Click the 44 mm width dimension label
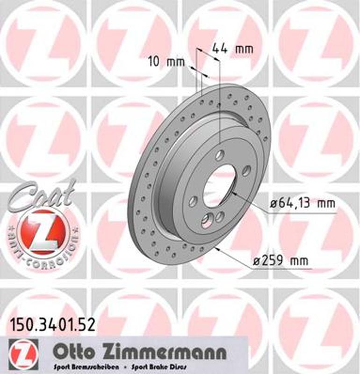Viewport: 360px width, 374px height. (232, 48)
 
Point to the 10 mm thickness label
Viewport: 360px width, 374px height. (166, 61)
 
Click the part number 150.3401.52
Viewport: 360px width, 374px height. (52, 324)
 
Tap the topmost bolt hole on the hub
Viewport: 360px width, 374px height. (220, 155)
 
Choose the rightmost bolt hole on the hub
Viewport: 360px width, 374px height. (246, 171)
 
